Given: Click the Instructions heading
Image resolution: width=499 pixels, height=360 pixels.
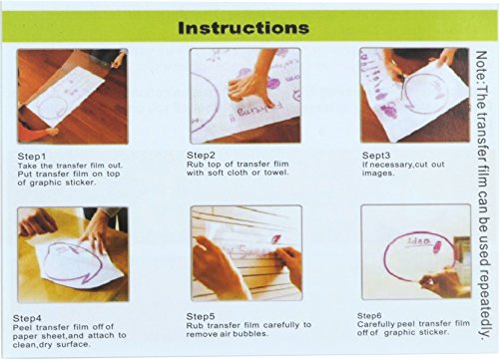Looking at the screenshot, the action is (244, 28).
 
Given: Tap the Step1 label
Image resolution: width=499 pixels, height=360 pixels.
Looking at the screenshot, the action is (32, 157).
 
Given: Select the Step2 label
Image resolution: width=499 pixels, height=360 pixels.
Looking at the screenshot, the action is (201, 155).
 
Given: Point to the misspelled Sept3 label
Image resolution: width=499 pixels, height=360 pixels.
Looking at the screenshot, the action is (376, 156).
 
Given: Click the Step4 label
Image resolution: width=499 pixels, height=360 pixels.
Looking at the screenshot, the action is (27, 318).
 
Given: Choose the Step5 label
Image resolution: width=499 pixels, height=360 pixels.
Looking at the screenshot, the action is (201, 316).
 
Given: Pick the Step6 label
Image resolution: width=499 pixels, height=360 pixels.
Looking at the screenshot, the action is (369, 315).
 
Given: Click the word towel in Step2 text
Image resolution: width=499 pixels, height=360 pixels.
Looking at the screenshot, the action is (276, 173).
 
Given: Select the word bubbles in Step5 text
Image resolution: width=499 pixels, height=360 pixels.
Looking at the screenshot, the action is (250, 334).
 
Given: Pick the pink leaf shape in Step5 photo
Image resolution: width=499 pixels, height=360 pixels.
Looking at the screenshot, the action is (276, 239).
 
